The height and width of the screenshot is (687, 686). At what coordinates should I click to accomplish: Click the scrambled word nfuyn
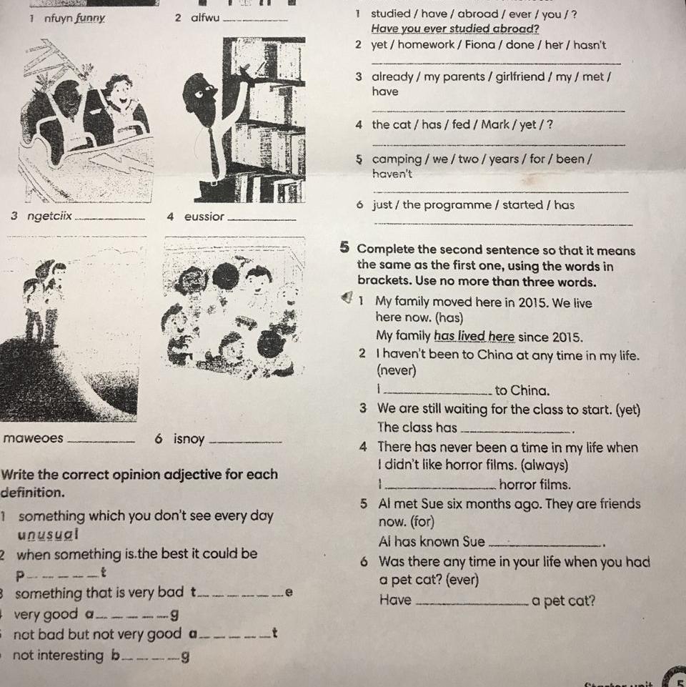pos(59,19)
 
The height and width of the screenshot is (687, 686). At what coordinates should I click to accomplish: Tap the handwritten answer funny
pos(90,19)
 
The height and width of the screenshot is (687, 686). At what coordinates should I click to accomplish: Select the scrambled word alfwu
pos(205,18)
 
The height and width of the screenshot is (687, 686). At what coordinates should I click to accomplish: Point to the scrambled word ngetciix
pos(49,216)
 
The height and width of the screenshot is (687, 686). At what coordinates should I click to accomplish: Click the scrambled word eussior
pos(204,217)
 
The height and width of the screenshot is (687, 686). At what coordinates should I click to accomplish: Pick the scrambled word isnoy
pos(189,438)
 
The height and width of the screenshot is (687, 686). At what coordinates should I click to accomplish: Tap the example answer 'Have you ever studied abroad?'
pos(455,29)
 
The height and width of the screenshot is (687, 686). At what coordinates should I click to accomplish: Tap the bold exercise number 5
pos(344,248)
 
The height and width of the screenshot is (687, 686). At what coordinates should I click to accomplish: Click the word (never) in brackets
pos(397,370)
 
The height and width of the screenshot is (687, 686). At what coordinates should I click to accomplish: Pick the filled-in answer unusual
pos(48,535)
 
